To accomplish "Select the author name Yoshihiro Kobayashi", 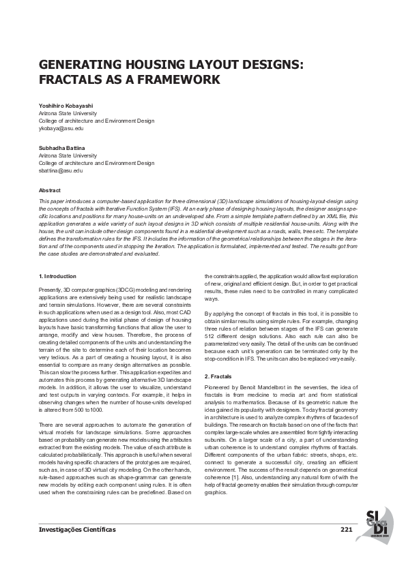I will [x=67, y=106].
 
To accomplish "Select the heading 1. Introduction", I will [x=58, y=276].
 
